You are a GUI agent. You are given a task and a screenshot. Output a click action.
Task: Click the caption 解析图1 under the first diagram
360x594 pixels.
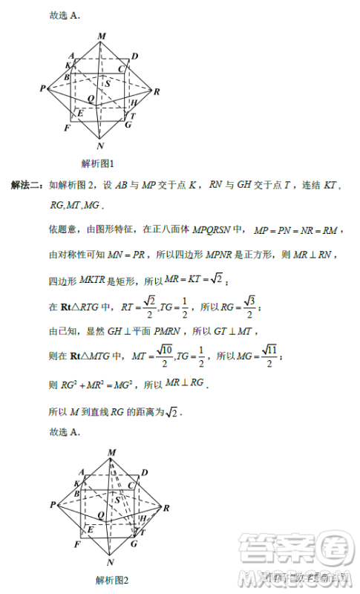click(x=96, y=163)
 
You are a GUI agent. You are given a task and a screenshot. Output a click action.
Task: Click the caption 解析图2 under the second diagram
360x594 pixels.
click(x=112, y=581)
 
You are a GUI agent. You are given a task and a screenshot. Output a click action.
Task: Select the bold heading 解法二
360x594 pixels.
click(x=25, y=185)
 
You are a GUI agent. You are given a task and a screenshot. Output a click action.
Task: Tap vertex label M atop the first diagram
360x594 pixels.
click(x=101, y=36)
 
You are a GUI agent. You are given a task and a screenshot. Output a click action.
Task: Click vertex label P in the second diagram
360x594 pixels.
click(x=54, y=505)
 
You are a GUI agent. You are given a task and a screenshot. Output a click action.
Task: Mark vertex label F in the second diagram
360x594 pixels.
click(x=77, y=546)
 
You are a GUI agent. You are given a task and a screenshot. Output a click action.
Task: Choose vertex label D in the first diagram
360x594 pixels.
click(x=134, y=56)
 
